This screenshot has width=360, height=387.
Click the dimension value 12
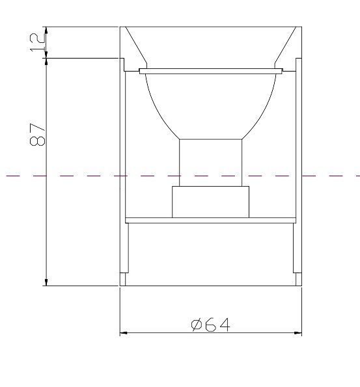(x=38, y=43)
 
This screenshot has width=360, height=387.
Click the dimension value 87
(x=37, y=135)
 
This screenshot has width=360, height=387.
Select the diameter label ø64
(x=211, y=325)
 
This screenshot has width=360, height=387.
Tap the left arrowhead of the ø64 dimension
(x=123, y=333)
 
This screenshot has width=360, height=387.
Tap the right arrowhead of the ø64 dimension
(x=298, y=333)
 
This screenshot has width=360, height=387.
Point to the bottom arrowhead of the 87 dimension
(x=46, y=282)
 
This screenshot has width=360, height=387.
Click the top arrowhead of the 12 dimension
(x=46, y=31)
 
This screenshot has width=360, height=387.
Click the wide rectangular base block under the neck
(x=210, y=202)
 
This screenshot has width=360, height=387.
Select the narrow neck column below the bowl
(x=210, y=163)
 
